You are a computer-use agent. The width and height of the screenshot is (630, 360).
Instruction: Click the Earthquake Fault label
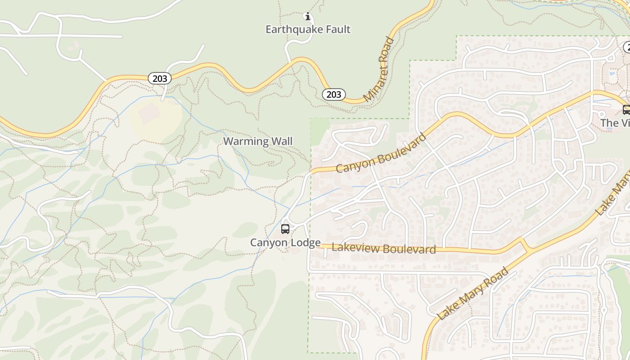click(308, 30)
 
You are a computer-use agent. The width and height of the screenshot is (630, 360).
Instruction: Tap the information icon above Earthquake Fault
click(308, 17)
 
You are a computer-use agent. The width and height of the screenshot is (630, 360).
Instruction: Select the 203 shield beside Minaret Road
click(333, 94)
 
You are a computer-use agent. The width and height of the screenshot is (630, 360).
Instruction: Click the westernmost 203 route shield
click(160, 79)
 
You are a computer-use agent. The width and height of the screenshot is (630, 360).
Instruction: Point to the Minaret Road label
click(378, 70)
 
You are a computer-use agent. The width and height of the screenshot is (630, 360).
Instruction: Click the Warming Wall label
click(258, 141)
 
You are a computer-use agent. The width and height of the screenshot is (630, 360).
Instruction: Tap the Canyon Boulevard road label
click(381, 153)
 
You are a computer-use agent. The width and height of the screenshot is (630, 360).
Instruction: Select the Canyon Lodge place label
click(285, 243)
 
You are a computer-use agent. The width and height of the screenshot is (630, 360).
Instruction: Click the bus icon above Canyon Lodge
click(285, 229)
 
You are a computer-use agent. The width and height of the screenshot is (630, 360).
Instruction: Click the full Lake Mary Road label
click(473, 294)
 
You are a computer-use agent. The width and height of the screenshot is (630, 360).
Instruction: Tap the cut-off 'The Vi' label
click(615, 123)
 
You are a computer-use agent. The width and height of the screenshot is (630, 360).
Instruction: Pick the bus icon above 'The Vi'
click(626, 109)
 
